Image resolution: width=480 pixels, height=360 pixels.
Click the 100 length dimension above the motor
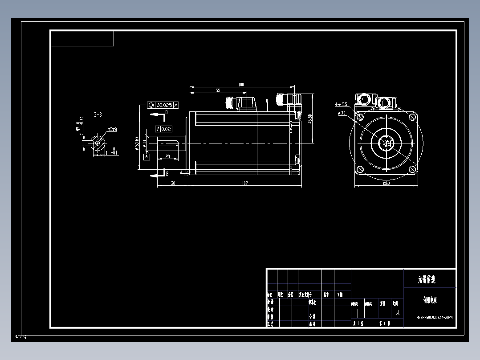click(241, 85)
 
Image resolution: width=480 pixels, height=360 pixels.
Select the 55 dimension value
click(218, 90)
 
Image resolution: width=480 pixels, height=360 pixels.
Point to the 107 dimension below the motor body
click(244, 183)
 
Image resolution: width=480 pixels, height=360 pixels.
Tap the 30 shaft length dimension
click(173, 183)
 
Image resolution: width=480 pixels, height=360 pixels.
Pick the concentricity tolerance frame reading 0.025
click(163, 105)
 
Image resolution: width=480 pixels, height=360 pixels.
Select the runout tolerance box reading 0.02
click(163, 129)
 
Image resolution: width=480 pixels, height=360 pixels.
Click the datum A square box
click(147, 156)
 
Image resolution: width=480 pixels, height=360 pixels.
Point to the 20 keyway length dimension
click(167, 156)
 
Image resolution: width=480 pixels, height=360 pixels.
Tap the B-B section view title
click(98, 115)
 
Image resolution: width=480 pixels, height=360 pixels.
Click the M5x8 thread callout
click(112, 130)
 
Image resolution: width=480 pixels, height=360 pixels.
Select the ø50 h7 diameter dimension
click(137, 143)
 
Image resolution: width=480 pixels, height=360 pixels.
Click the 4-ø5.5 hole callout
click(341, 104)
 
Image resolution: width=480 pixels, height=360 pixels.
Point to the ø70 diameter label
click(342, 114)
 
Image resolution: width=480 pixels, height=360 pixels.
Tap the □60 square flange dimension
click(386, 183)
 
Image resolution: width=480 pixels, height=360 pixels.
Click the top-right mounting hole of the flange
click(412, 117)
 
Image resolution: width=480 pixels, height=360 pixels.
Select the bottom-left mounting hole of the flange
click(360, 169)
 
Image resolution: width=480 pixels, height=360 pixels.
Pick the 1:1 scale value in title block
click(397, 313)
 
